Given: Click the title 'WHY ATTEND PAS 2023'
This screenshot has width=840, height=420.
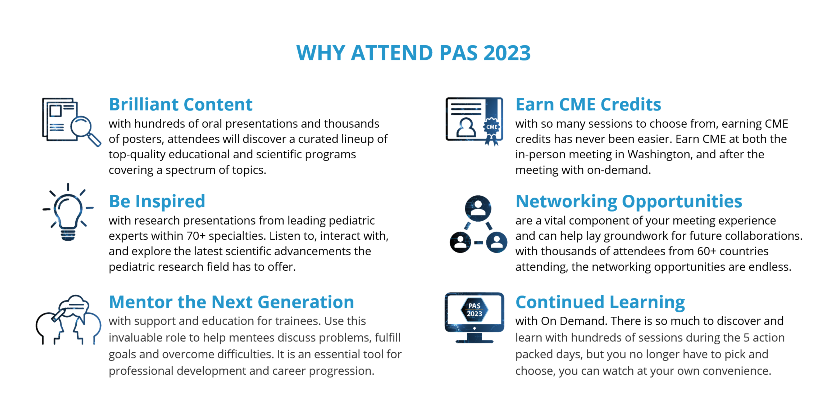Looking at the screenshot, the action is [413, 53].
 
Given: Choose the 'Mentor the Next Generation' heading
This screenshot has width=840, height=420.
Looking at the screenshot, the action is [232, 302].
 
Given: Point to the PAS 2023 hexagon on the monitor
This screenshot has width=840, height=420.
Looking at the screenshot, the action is [474, 310].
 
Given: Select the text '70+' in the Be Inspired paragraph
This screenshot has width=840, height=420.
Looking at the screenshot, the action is [196, 236].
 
